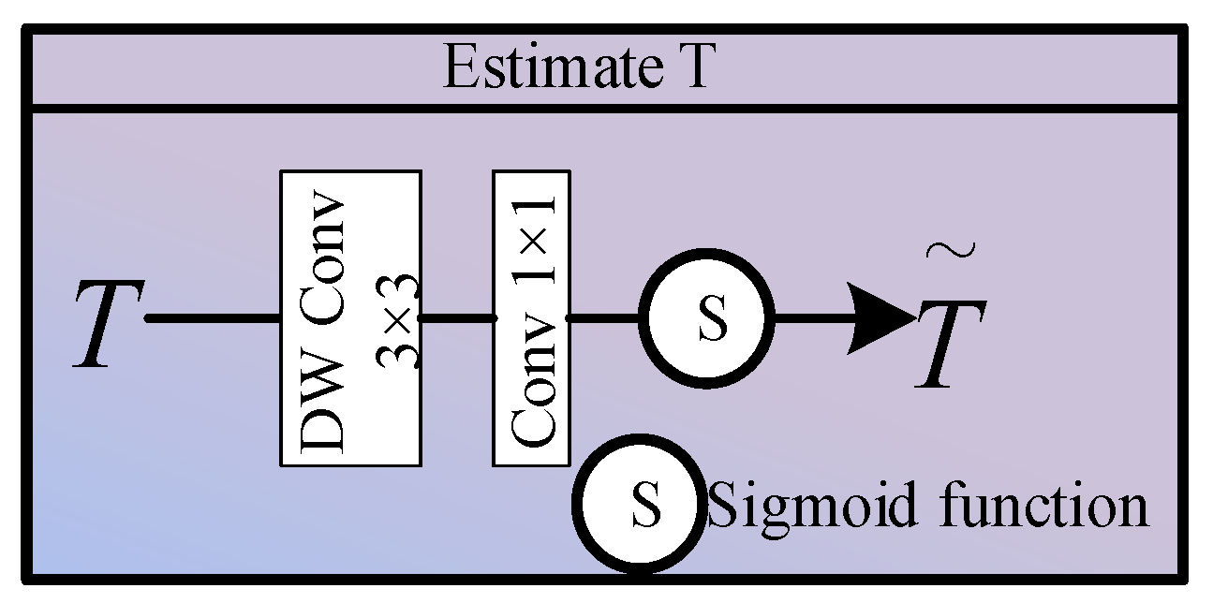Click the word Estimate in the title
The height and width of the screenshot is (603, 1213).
point(553,66)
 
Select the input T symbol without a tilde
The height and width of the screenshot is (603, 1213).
point(109,324)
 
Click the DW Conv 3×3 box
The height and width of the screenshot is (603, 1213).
point(351,318)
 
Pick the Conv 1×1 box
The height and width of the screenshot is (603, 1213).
point(531,318)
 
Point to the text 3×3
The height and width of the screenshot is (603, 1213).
point(397,321)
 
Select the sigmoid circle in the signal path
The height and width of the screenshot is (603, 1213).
point(706,318)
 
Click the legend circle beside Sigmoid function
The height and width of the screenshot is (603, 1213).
point(639,504)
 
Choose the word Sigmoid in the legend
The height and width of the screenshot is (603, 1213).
point(813,507)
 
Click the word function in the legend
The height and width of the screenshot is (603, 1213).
point(1044,504)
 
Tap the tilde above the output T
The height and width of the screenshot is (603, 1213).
point(951,250)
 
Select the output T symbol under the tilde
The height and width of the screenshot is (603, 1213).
point(951,344)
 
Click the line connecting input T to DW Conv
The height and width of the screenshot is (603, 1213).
point(213,318)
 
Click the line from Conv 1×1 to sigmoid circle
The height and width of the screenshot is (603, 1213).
point(603,318)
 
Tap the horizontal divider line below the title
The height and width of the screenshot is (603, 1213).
point(605,109)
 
